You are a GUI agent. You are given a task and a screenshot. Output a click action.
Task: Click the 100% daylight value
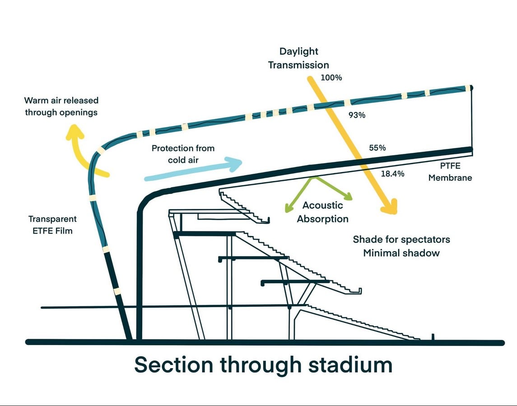(331, 78)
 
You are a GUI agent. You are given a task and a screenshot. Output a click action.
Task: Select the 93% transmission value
(357, 115)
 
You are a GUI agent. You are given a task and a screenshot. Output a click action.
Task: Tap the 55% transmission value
(377, 148)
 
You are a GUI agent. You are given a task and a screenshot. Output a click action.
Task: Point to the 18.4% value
(392, 174)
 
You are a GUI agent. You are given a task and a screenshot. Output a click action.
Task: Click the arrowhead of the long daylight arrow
(390, 208)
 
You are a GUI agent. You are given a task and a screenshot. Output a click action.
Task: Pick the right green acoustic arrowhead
(348, 196)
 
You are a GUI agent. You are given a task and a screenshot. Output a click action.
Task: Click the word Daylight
(299, 52)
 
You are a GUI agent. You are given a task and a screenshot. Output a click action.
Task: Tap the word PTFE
(450, 166)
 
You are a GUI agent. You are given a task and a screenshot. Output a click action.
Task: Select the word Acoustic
(322, 205)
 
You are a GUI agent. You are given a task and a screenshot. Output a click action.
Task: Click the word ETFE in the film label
(42, 231)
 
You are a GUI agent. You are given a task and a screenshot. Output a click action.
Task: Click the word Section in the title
(174, 365)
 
